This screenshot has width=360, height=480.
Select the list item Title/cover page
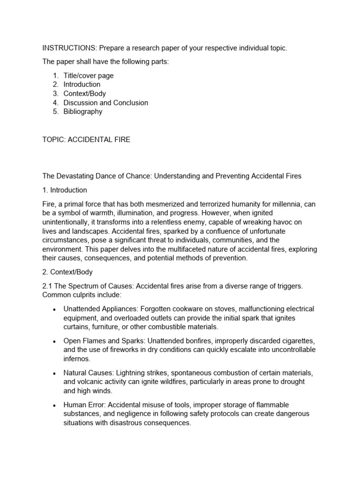[89, 75]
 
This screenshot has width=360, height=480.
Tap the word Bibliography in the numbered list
[83, 112]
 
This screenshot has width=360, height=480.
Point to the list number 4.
[55, 103]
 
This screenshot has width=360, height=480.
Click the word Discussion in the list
[81, 103]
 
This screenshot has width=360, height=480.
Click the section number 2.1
[48, 286]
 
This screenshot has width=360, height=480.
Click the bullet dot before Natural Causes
[55, 373]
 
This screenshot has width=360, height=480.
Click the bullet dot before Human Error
[55, 405]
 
